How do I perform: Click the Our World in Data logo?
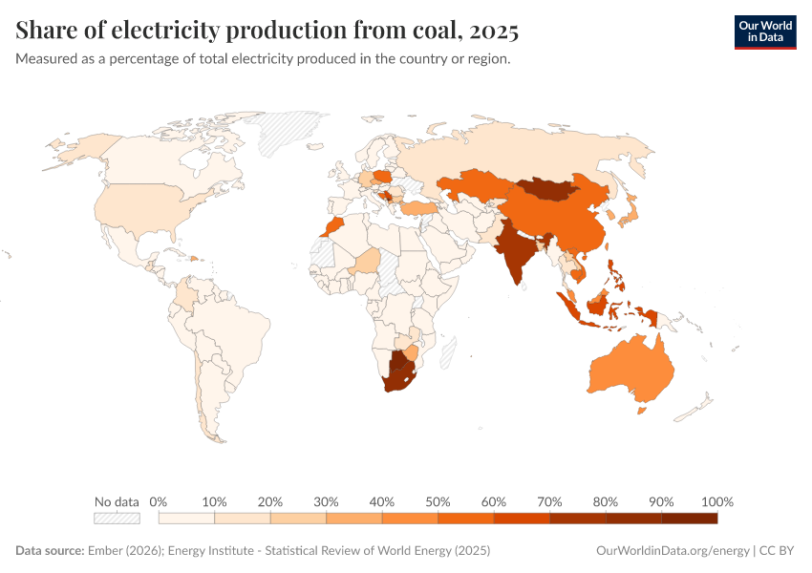[764, 32]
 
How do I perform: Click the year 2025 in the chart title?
[495, 32]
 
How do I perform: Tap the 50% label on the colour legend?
[438, 501]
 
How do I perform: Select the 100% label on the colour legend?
[716, 501]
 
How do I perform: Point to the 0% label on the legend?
[159, 501]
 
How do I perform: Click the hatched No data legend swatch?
[117, 518]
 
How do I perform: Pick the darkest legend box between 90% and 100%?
[689, 518]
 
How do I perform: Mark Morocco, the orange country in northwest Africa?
[331, 227]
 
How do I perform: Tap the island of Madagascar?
[448, 350]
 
